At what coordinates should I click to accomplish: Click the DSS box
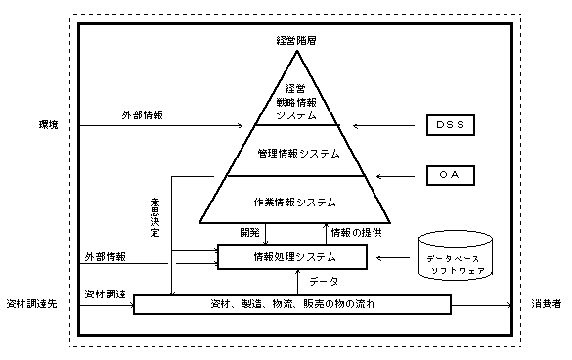pos(452,125)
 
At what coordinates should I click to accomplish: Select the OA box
pos(452,176)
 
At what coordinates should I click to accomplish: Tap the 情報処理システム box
pos(292,256)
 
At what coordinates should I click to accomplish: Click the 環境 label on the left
pos(48,125)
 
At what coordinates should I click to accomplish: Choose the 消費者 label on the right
pos(546,304)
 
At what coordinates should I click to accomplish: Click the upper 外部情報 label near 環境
pos(143,115)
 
